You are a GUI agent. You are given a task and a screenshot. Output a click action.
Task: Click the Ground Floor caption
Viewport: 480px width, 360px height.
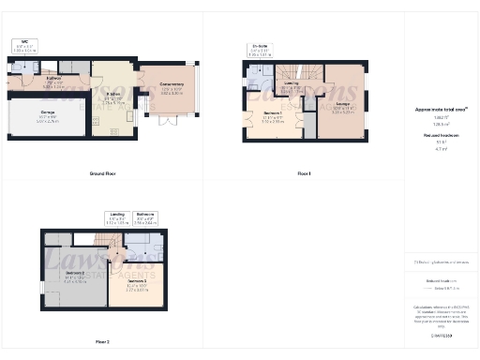[x=102, y=174]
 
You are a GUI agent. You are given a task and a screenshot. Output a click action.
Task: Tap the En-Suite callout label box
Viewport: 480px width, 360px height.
[x=260, y=51]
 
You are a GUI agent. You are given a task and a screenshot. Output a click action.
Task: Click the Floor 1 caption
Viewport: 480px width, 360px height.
[x=303, y=174]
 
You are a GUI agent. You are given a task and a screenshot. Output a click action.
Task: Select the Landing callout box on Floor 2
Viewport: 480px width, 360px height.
[x=117, y=217]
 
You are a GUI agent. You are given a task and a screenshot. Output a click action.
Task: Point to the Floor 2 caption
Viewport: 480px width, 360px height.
[x=102, y=341]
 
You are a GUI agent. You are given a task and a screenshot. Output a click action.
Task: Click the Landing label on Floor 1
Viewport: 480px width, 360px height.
[x=292, y=85]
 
